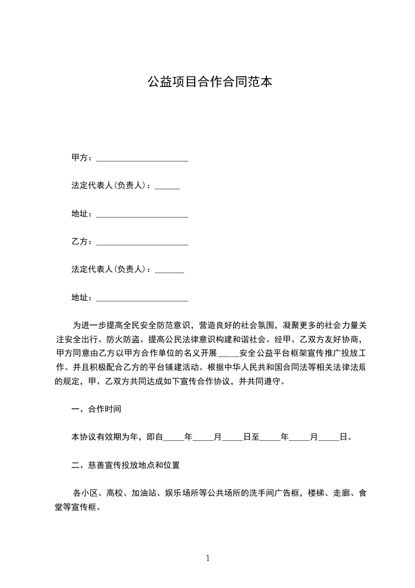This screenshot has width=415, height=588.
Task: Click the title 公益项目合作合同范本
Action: pyautogui.click(x=209, y=82)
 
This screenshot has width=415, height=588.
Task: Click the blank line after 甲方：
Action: pyautogui.click(x=142, y=158)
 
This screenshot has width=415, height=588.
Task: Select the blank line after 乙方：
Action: pyautogui.click(x=142, y=242)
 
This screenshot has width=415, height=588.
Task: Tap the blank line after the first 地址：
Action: pyautogui.click(x=142, y=214)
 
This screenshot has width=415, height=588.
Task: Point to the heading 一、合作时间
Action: pyautogui.click(x=96, y=409)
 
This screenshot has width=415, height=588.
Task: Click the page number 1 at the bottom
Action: pyautogui.click(x=208, y=558)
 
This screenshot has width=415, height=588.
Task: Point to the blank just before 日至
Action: pyautogui.click(x=233, y=437)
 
